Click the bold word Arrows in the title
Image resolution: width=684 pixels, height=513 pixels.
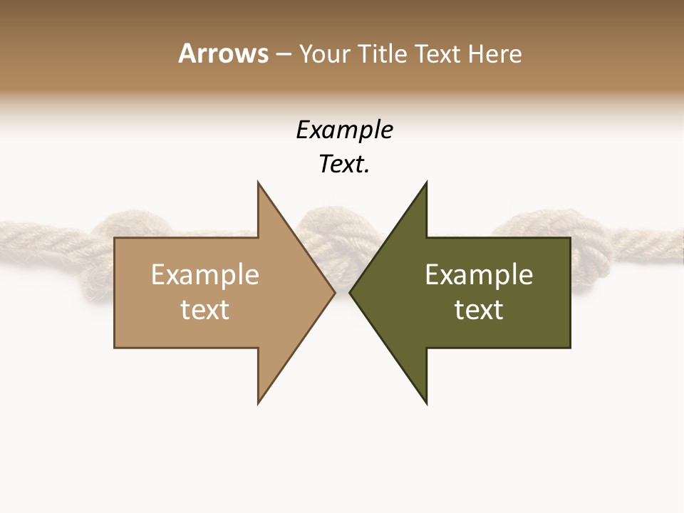tap(222, 53)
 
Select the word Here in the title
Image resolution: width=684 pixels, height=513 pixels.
tap(494, 53)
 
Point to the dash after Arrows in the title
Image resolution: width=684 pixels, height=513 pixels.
tap(283, 54)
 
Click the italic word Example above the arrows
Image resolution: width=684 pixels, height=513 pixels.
tap(344, 130)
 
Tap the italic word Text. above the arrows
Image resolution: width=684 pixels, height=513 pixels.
tap(344, 165)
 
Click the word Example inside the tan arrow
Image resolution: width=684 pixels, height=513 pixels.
tap(204, 275)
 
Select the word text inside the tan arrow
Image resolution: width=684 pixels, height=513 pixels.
tap(204, 310)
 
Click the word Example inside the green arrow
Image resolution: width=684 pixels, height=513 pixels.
tap(479, 275)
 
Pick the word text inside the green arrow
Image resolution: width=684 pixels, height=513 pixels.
tap(479, 310)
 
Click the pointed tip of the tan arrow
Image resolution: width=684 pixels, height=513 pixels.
tap(333, 292)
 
